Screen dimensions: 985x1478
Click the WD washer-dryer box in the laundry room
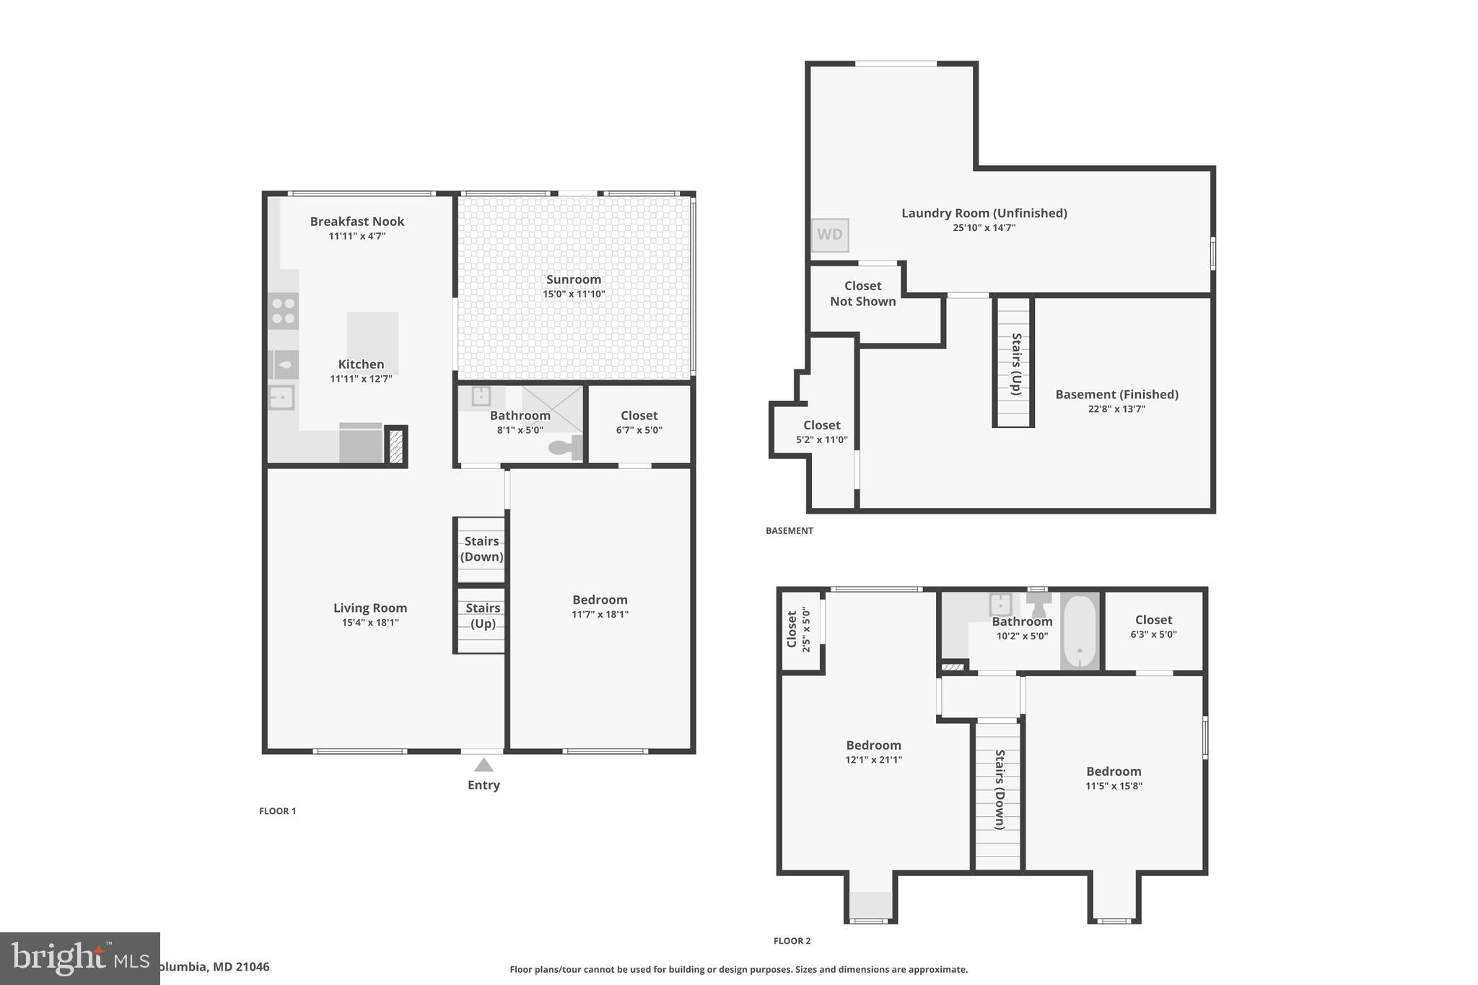829,235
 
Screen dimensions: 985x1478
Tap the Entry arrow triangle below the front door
484,765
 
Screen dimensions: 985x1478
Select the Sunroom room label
574,279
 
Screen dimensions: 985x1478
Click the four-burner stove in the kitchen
283,311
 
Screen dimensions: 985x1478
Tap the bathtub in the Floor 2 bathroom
1080,631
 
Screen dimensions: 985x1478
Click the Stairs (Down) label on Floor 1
481,548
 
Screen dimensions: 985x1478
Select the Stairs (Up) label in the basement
1016,364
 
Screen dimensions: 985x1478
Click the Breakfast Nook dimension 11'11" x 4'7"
357,236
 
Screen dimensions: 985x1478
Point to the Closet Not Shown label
862,294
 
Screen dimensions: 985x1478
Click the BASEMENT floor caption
789,530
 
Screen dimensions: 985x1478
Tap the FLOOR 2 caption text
792,941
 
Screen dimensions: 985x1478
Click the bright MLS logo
79,958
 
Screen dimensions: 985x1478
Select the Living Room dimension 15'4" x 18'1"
370,622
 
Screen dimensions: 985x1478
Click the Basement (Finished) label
1116,394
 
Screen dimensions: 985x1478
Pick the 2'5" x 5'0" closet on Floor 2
799,630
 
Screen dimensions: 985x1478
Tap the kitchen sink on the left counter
281,398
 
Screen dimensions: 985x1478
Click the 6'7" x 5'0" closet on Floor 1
639,422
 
